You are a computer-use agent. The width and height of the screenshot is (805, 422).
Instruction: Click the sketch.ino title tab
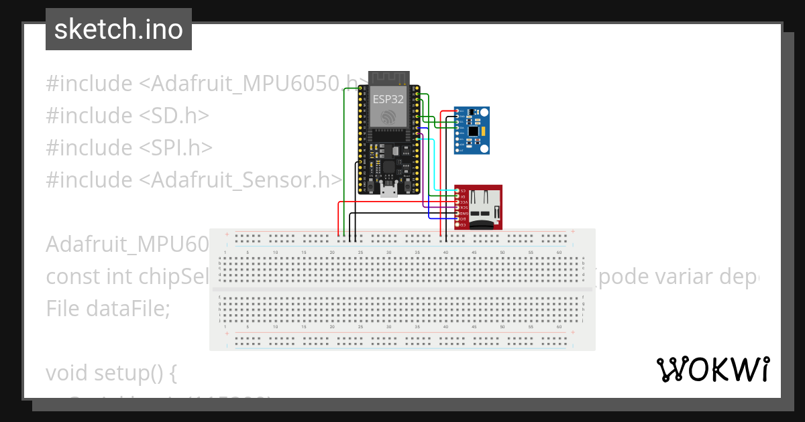coord(118,29)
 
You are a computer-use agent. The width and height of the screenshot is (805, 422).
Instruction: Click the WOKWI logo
coord(712,369)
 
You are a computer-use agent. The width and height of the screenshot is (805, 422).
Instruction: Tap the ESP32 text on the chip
coord(388,98)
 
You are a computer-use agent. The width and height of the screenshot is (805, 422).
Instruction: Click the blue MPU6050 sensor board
coord(472,130)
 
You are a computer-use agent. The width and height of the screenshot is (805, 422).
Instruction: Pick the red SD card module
coord(478,207)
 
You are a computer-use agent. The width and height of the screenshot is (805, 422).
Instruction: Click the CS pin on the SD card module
coord(458,192)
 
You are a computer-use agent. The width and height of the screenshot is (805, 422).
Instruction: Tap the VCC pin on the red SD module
coord(458,202)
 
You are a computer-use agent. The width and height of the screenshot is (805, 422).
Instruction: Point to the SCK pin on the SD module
coord(458,208)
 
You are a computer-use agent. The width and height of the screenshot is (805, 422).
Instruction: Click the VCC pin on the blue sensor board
coord(458,111)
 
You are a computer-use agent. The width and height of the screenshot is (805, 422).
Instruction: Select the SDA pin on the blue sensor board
coord(458,127)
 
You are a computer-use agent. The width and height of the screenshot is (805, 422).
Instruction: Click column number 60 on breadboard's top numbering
coord(558,253)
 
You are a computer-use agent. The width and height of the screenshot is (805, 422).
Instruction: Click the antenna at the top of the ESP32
coord(388,78)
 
